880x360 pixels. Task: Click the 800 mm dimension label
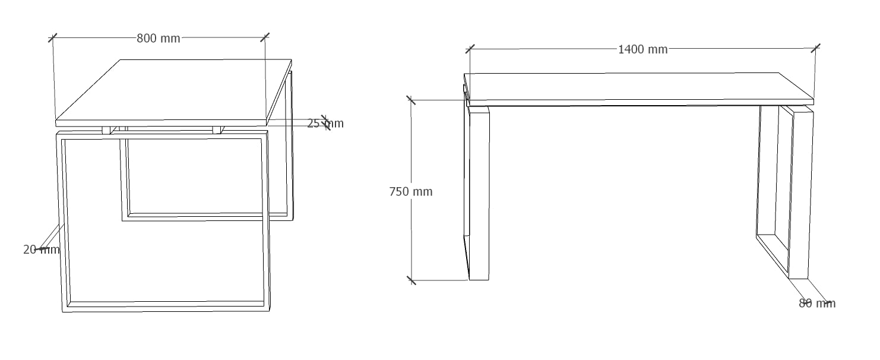(159, 39)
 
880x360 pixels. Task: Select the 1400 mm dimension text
(642, 49)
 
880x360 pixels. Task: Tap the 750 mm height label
(410, 192)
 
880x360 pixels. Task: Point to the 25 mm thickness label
(325, 124)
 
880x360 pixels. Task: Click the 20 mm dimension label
(41, 250)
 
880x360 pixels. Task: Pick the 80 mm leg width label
(817, 304)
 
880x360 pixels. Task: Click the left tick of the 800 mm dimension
(53, 38)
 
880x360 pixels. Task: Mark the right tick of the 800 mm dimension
(265, 37)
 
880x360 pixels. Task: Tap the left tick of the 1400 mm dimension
(470, 49)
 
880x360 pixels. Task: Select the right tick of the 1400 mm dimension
(815, 48)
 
